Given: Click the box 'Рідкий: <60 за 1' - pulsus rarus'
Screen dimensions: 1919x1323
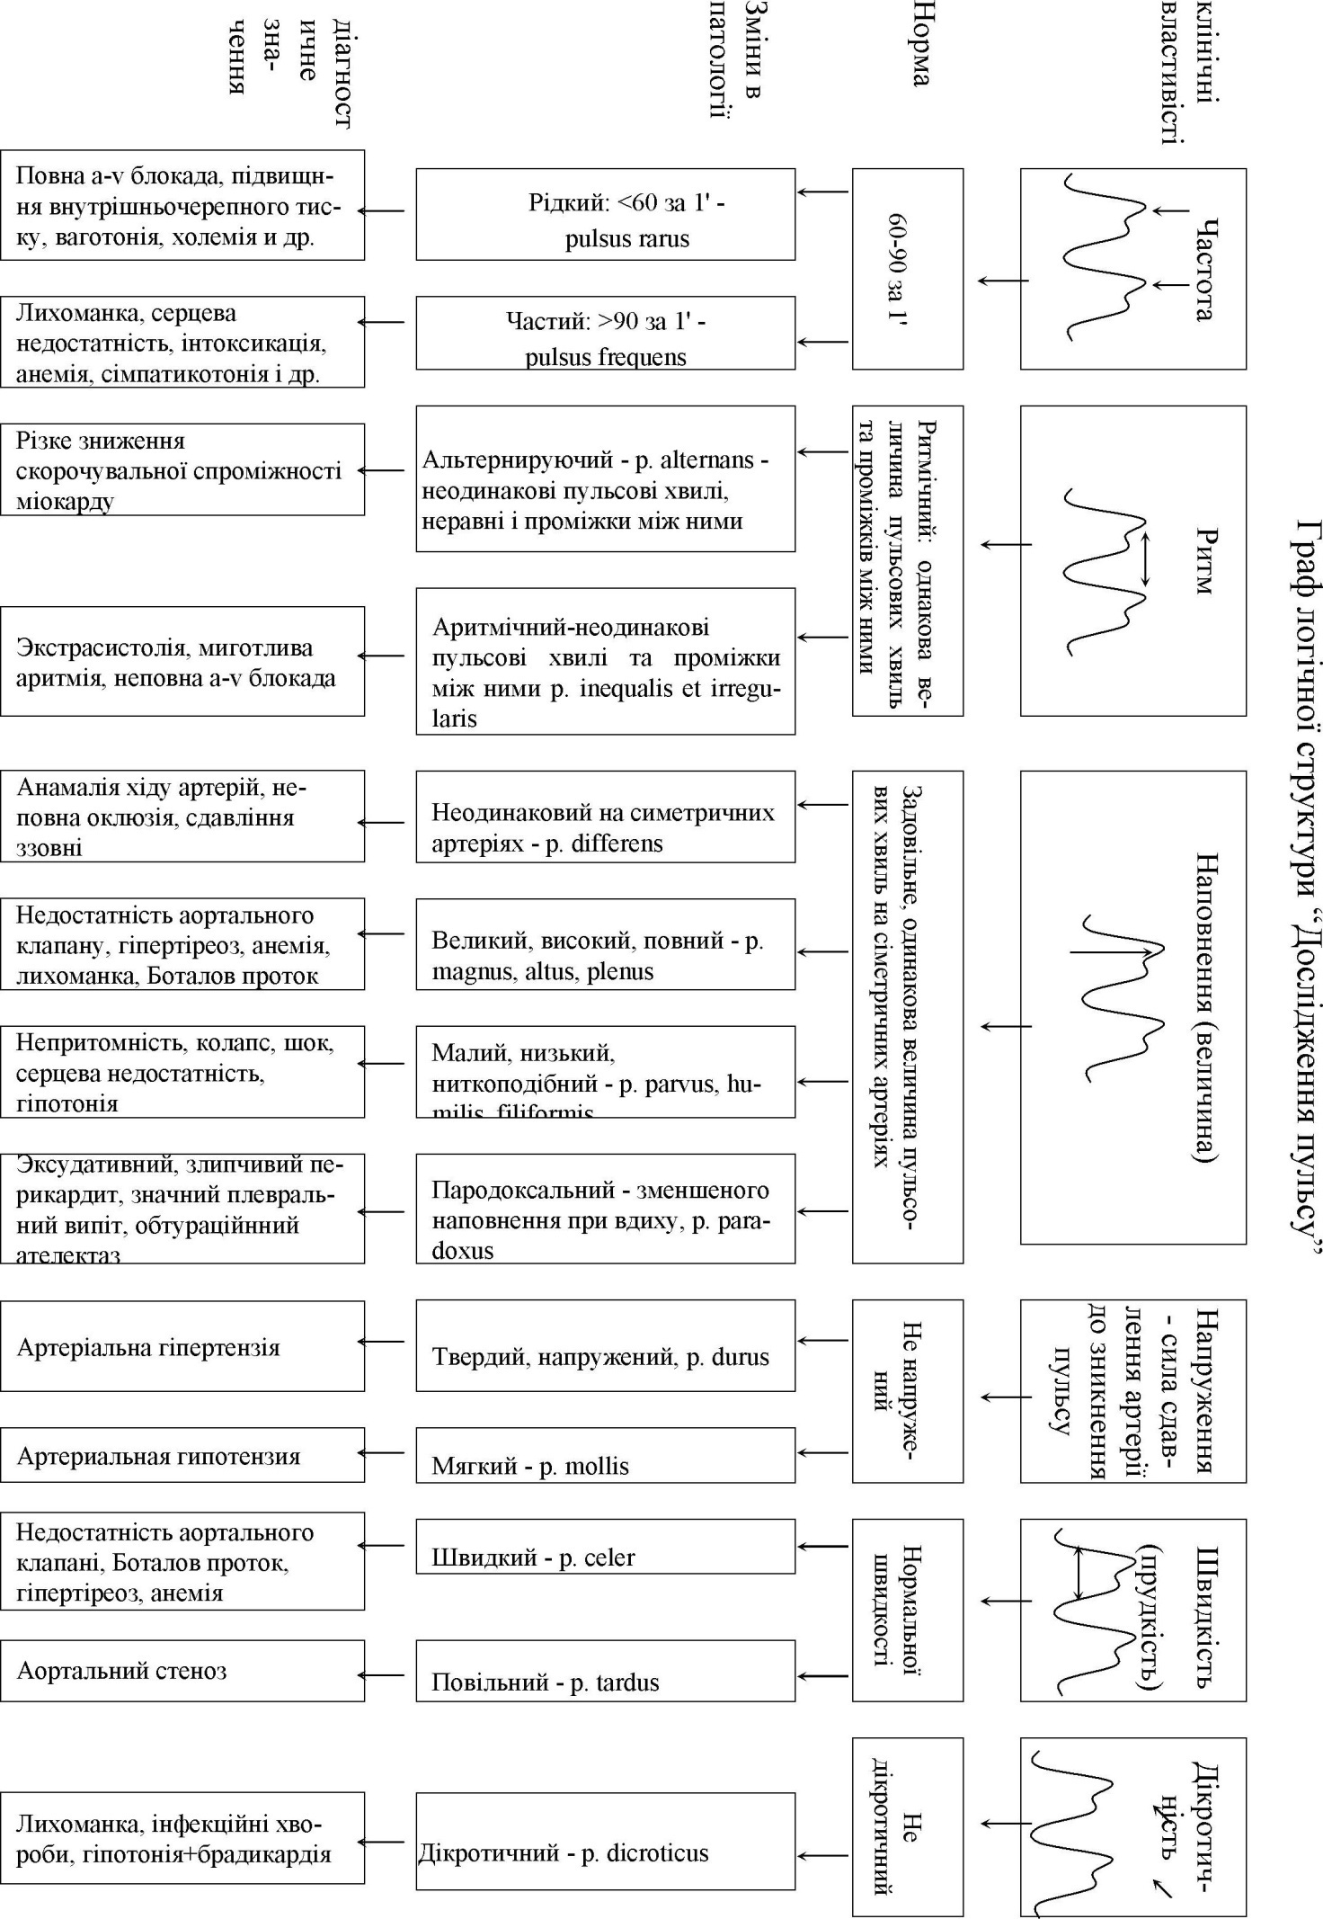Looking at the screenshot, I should point(605,214).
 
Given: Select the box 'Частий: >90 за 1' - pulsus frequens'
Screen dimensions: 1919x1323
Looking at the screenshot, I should point(605,333).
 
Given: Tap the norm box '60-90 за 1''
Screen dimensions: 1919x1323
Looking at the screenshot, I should point(907,268).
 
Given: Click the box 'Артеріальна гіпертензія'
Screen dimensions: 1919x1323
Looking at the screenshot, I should point(182,1345).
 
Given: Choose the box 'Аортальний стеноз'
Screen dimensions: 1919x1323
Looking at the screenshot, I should point(182,1670).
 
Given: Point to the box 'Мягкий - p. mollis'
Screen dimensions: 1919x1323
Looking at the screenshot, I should point(605,1455).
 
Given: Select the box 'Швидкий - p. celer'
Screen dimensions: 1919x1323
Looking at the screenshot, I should point(605,1546).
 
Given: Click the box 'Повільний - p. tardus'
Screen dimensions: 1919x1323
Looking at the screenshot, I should point(605,1670).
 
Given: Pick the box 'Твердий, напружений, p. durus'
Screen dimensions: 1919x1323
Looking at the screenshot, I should point(605,1345).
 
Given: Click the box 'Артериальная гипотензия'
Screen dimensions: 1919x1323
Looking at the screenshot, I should point(182,1454).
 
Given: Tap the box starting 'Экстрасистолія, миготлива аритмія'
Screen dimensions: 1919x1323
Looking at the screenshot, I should point(182,661).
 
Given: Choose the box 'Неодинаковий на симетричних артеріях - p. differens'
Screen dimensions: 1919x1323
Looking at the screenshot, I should point(605,816).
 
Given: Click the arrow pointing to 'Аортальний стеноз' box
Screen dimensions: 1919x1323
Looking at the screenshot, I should point(382,1674).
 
